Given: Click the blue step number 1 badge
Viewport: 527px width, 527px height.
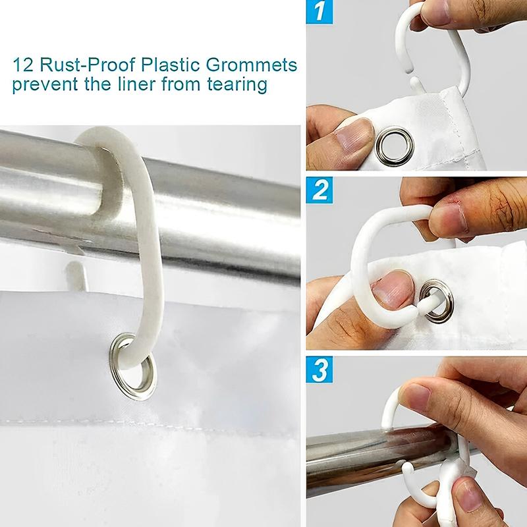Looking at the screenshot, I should click(321, 13).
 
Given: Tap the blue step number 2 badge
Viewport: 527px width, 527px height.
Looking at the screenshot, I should click(321, 191).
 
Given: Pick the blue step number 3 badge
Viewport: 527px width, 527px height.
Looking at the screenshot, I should click(321, 370).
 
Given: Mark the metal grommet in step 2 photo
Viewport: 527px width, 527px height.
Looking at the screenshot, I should click(437, 300).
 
